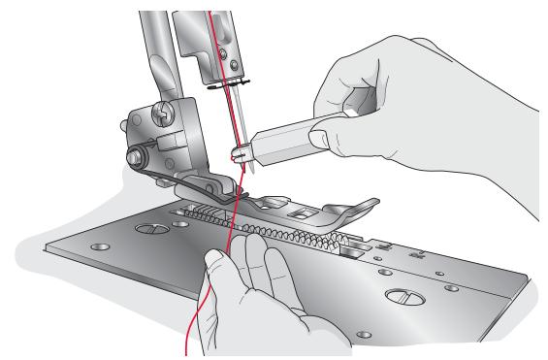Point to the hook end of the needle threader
coord(238,153)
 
